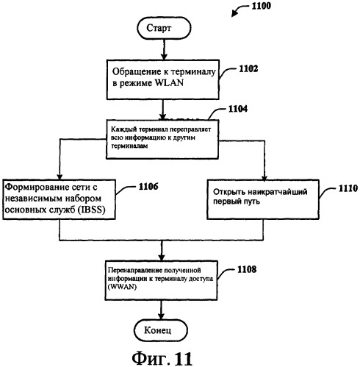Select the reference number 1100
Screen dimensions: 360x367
click(x=262, y=6)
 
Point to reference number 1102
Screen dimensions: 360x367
click(x=248, y=69)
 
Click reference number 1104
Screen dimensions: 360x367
click(x=238, y=109)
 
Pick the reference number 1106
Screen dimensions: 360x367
click(x=148, y=187)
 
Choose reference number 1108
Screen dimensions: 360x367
click(x=247, y=270)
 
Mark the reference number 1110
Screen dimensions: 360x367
click(x=348, y=188)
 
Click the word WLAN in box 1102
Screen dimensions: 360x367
click(x=169, y=83)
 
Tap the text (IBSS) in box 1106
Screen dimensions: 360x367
click(x=91, y=210)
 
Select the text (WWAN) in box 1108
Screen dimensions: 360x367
click(x=122, y=287)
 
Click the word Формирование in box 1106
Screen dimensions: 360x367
click(x=37, y=188)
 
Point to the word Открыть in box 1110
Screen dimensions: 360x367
click(x=228, y=191)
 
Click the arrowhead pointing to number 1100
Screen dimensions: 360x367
click(x=234, y=15)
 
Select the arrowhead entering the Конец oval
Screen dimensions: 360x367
click(x=161, y=316)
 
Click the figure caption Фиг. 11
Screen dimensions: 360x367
click(x=162, y=358)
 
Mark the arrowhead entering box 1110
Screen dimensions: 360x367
click(x=264, y=177)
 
